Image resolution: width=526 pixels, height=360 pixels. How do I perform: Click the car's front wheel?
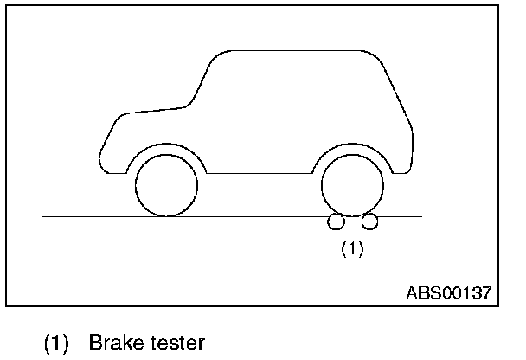(x=167, y=184)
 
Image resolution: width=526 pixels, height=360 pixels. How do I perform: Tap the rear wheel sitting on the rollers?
(x=352, y=184)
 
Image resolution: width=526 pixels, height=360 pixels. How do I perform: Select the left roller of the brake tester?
(x=336, y=222)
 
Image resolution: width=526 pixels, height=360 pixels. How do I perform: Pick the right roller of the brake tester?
(x=369, y=222)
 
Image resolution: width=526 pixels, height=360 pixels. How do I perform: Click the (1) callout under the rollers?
(x=351, y=249)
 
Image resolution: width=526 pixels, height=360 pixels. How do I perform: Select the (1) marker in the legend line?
(x=57, y=344)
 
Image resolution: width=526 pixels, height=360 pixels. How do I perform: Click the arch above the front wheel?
(x=167, y=145)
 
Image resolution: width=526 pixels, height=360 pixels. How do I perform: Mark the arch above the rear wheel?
(x=352, y=145)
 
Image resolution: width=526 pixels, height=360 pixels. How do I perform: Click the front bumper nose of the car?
(x=101, y=156)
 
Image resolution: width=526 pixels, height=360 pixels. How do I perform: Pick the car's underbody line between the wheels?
(x=260, y=173)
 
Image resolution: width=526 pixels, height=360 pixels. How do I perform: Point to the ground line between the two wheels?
(x=260, y=215)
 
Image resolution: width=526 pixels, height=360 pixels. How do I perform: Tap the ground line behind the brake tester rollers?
(x=402, y=215)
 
